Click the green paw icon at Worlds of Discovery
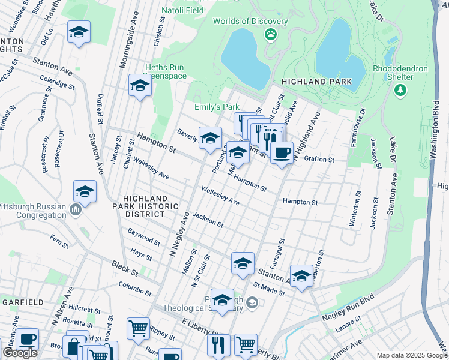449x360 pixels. [271, 34]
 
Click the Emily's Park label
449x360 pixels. [217, 107]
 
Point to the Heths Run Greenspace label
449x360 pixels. [165, 72]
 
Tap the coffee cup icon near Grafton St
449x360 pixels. [281, 152]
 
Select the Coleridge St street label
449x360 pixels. [58, 82]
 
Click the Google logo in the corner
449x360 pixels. [20, 352]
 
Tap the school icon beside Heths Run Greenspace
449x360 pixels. [140, 85]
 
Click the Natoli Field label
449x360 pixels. [182, 10]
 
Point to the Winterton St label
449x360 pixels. [352, 210]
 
